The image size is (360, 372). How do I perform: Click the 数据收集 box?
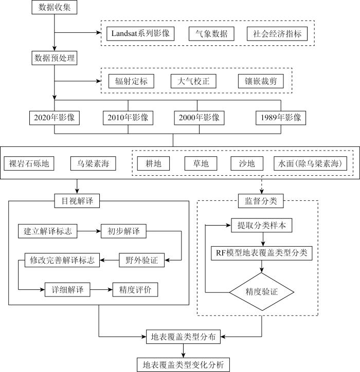click(55, 7)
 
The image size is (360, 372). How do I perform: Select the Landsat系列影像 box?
click(140, 34)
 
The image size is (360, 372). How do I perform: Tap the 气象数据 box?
click(211, 34)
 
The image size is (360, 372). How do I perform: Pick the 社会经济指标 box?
click(277, 34)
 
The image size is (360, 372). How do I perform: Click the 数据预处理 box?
click(55, 58)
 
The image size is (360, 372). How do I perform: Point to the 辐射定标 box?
click(131, 81)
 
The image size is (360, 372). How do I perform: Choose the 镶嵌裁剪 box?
click(261, 81)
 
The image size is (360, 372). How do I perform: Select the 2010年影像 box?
click(128, 118)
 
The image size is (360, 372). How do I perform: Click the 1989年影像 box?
click(281, 118)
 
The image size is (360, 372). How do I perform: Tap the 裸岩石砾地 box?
click(29, 163)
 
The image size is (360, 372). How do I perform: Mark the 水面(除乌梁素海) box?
click(310, 163)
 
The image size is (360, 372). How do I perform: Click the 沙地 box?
click(247, 163)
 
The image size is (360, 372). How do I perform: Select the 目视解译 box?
click(77, 201)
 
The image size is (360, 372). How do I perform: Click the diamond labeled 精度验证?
click(261, 292)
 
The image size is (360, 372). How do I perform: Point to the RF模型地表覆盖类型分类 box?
click(262, 253)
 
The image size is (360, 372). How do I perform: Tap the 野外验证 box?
click(142, 261)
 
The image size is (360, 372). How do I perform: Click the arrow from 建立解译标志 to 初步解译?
click(89, 231)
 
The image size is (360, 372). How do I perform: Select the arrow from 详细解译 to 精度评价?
click(101, 290)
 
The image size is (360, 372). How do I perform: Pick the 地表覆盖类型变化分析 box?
click(183, 365)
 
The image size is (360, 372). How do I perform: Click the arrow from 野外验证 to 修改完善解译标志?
click(109, 261)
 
